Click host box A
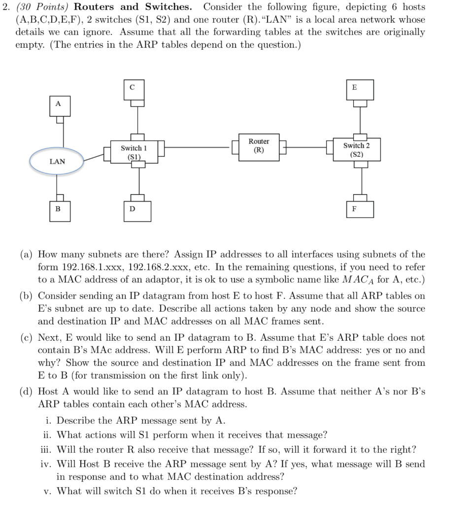tap(58, 105)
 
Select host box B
tap(58, 209)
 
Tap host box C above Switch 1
tap(132, 88)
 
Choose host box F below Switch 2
tap(354, 208)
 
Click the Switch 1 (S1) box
tap(134, 151)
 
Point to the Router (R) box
tap(259, 145)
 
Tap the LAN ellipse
tap(57, 161)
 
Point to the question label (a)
tap(27, 254)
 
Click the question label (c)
tap(27, 338)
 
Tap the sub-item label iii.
tap(46, 450)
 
